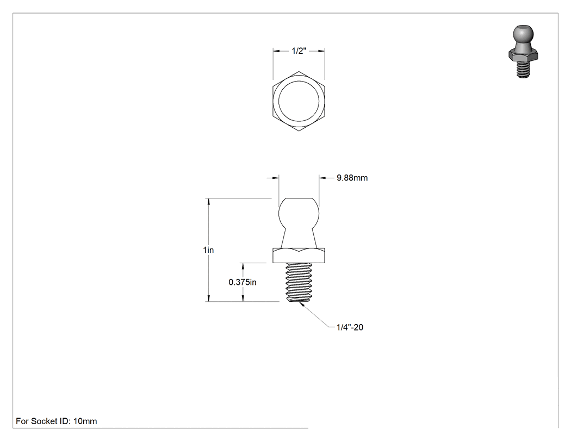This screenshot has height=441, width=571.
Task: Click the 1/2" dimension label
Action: [299, 51]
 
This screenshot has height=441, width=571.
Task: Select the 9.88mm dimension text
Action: [352, 178]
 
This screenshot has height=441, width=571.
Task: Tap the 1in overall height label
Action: [208, 250]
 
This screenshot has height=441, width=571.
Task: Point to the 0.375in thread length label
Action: [243, 282]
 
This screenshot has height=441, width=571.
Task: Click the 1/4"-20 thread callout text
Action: [350, 327]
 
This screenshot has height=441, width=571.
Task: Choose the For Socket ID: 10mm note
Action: [57, 421]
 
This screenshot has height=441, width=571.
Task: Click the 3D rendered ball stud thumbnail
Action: [523, 51]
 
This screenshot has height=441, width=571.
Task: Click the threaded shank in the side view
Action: [299, 282]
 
